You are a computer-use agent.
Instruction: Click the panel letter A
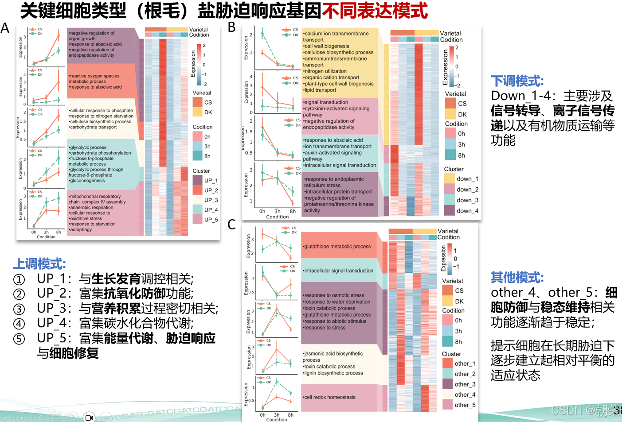tap(5, 28)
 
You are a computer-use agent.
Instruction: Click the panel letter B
tap(231, 27)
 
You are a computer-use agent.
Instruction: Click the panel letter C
tap(231, 225)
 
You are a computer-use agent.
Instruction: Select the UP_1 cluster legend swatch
tap(197, 180)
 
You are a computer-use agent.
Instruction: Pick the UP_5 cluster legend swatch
tap(197, 219)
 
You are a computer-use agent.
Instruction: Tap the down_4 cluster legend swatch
tap(450, 210)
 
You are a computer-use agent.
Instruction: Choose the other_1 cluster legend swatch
tap(447, 363)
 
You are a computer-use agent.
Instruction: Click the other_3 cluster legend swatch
tap(447, 384)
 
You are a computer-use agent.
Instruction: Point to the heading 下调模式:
tap(517, 81)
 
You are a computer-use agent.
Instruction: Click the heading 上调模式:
tap(39, 264)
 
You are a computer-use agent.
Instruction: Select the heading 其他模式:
tap(517, 278)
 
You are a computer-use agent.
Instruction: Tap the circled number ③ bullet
tap(19, 309)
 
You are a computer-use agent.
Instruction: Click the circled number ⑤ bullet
tap(19, 339)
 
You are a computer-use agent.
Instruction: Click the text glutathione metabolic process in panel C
tap(337, 247)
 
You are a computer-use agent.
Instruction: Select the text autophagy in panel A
tap(81, 229)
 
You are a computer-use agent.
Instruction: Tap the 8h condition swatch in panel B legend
tap(450, 155)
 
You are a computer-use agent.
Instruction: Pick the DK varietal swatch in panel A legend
tap(197, 112)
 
